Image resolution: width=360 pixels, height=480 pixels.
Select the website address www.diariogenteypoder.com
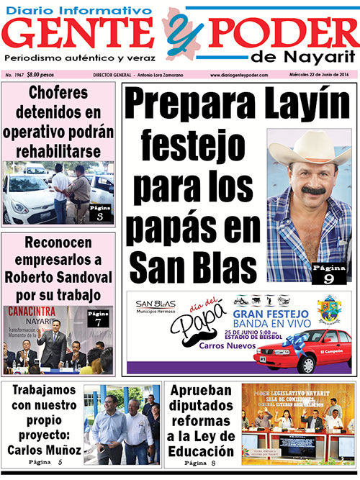coord(239,75)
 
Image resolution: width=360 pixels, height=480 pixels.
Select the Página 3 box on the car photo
coord(100,212)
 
